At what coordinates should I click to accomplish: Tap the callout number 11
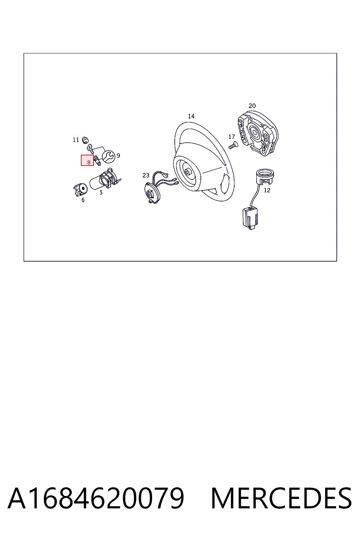tap(76, 140)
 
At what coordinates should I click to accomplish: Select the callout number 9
tap(118, 155)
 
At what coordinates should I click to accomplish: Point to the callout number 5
tap(101, 192)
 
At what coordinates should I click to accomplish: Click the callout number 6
tap(83, 200)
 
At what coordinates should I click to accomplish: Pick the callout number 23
tap(146, 175)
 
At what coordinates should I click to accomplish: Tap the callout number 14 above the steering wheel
tap(191, 116)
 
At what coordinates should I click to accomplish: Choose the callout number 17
tap(231, 137)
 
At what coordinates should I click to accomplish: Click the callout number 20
tap(252, 105)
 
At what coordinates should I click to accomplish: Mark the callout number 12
tap(267, 190)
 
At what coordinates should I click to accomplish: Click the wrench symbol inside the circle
tap(109, 157)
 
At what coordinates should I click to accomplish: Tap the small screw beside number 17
tap(233, 145)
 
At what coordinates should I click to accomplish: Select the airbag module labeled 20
tap(258, 133)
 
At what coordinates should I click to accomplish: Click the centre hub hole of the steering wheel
tap(187, 172)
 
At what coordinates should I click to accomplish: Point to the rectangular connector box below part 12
tap(250, 218)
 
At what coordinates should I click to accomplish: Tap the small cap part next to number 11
tap(85, 140)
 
